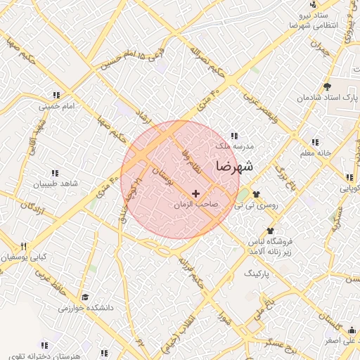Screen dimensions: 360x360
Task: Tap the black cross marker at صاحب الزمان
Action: click(195, 193)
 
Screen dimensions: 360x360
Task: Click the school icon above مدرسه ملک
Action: click(234, 136)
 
